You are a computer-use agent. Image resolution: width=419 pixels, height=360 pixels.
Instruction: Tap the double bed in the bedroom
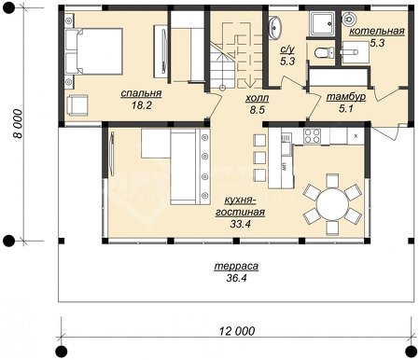(x=94, y=51)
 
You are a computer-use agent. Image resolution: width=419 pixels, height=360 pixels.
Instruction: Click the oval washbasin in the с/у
(x=274, y=28)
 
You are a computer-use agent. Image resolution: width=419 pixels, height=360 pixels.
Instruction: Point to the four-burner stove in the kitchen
(x=312, y=136)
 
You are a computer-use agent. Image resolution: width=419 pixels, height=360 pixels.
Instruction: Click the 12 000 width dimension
(x=237, y=331)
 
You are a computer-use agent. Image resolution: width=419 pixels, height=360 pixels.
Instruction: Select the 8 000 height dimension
(x=19, y=123)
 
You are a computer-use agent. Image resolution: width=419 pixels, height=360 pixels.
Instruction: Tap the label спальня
(x=141, y=93)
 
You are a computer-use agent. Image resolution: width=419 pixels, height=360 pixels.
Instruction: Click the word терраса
(x=236, y=267)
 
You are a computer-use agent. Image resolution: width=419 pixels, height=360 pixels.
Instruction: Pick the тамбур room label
(x=346, y=97)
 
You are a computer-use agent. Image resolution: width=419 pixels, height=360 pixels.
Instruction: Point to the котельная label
(x=377, y=31)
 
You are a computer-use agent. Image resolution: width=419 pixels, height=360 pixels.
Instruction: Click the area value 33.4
(x=240, y=224)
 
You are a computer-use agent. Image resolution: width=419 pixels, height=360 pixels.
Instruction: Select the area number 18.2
(x=142, y=105)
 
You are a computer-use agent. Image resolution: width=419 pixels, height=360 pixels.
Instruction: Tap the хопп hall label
(x=257, y=99)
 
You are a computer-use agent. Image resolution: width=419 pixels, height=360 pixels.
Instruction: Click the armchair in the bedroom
(x=77, y=105)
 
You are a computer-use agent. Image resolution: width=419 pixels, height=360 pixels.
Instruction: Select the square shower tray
(x=322, y=23)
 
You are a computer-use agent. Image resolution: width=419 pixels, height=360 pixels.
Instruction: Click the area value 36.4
(x=236, y=278)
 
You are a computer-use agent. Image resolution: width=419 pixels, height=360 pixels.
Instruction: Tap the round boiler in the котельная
(x=349, y=19)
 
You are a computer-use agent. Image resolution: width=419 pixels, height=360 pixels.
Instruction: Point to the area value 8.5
(x=258, y=110)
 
